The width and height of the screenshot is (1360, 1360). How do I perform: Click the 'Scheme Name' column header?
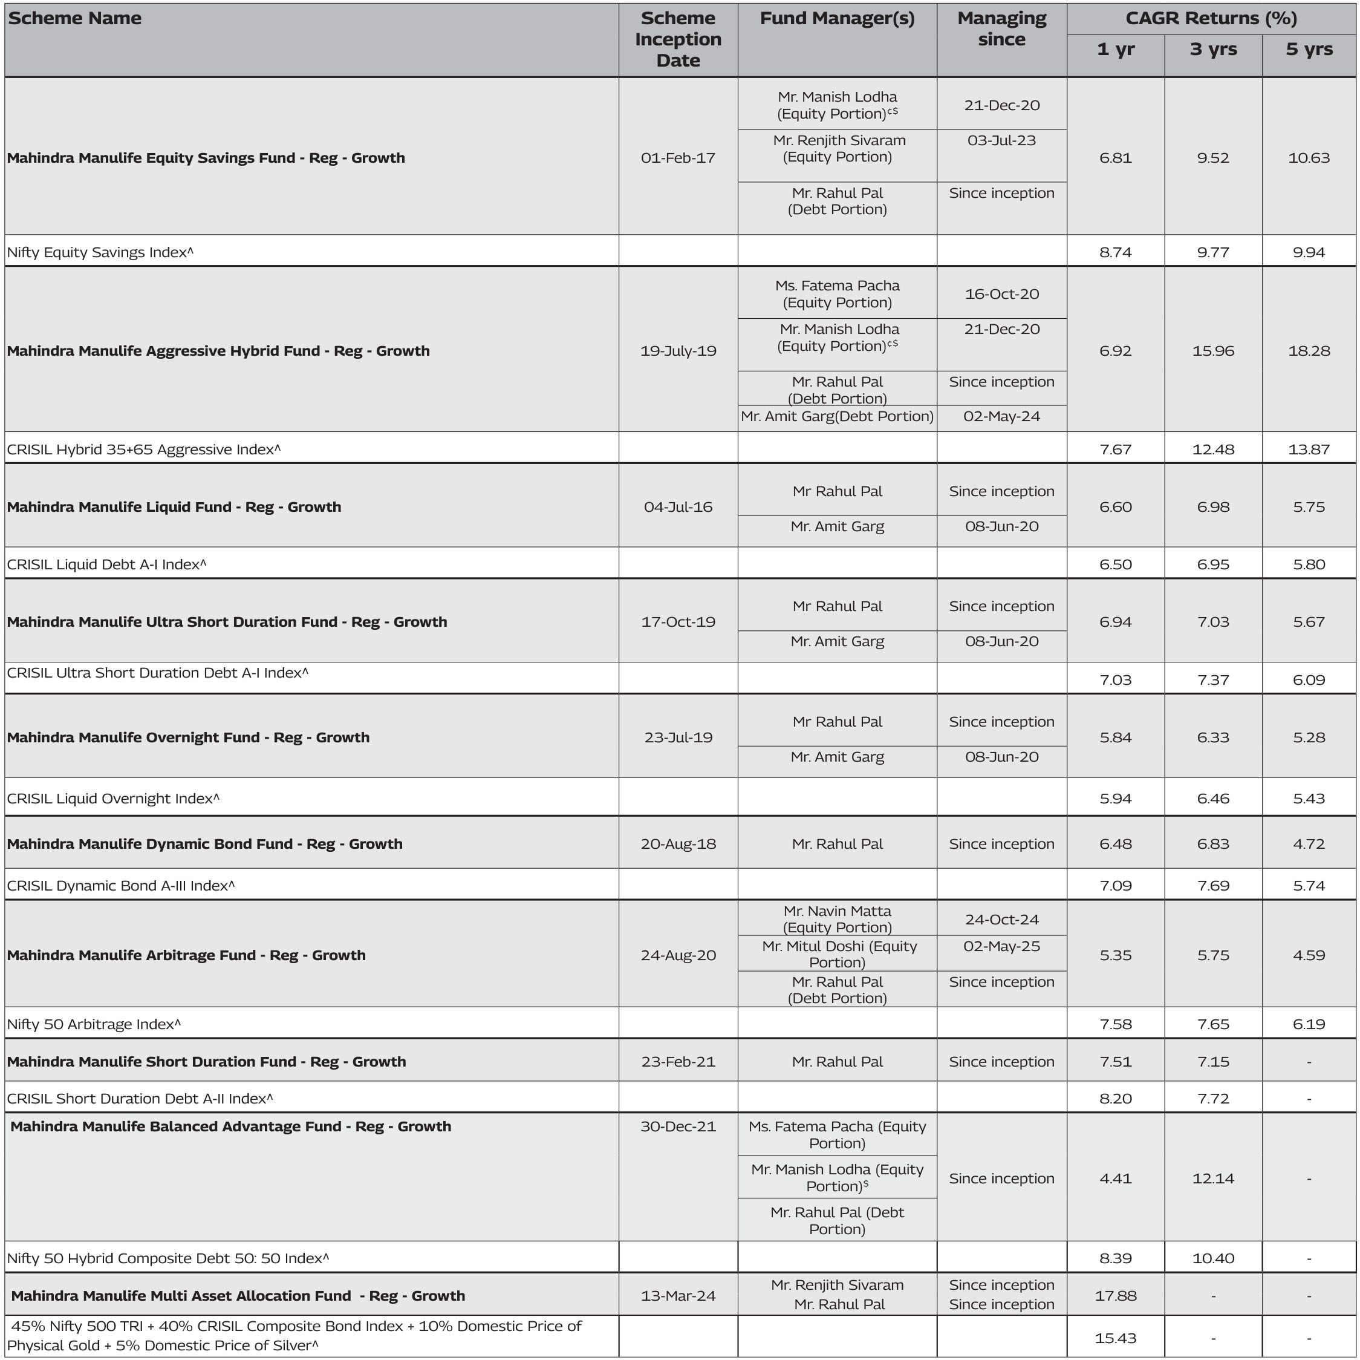(74, 18)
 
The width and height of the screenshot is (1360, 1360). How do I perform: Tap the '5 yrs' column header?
(1309, 49)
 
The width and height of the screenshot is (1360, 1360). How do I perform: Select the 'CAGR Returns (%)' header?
(1211, 18)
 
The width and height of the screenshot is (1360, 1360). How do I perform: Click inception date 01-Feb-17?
(678, 158)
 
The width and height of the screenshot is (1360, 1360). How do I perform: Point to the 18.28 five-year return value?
(1309, 351)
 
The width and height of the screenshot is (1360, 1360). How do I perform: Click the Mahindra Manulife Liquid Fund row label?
(174, 507)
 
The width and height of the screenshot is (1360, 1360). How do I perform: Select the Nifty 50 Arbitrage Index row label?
(94, 1024)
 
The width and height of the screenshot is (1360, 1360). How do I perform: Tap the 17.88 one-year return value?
(1116, 1296)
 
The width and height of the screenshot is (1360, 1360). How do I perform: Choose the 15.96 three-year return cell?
(1213, 351)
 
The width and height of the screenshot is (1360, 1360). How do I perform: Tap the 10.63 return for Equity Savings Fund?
(1309, 158)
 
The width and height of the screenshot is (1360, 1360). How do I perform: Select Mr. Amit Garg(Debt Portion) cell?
(837, 416)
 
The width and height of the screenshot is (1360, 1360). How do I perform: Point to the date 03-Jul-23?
(1001, 140)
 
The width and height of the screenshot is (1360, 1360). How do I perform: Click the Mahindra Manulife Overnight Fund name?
(188, 737)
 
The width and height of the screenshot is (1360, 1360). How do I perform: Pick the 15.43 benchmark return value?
(1116, 1338)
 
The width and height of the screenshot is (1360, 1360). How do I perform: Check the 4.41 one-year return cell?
(1116, 1179)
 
